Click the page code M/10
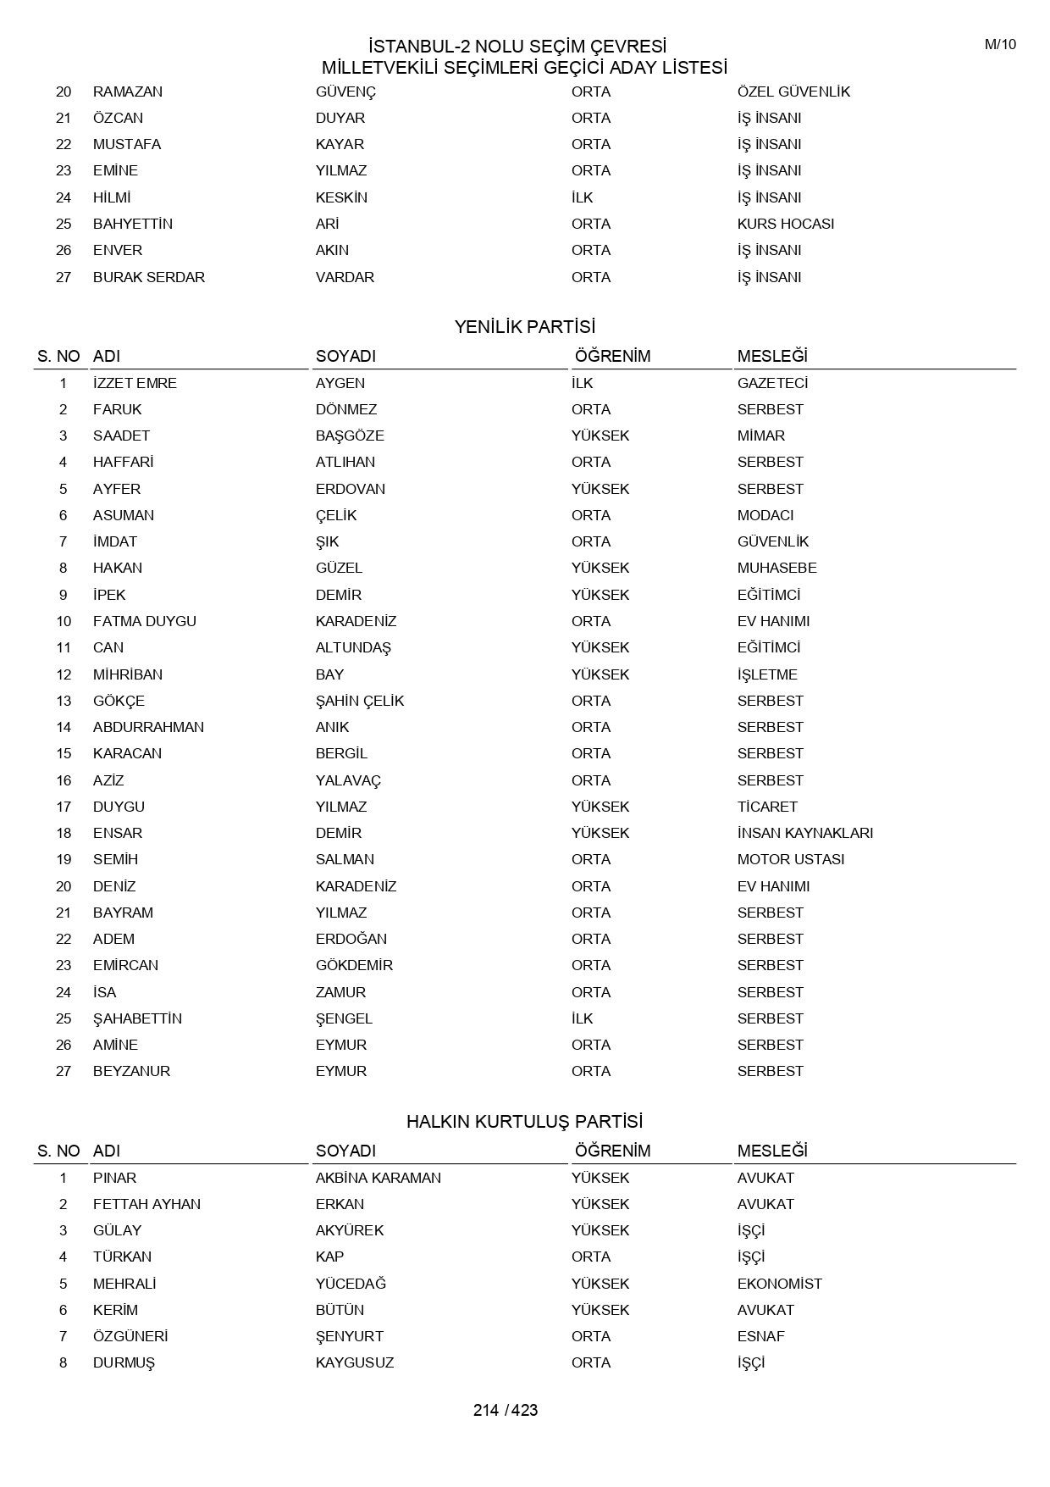(x=1000, y=45)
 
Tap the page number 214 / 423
(x=506, y=1410)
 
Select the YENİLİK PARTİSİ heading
(x=524, y=327)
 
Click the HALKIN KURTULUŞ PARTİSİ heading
(x=524, y=1122)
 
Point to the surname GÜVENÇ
(x=345, y=92)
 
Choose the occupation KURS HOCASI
(x=785, y=224)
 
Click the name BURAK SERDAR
(x=149, y=277)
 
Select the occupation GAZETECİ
(x=772, y=383)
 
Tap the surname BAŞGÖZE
(x=350, y=436)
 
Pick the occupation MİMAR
(x=760, y=436)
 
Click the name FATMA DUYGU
(x=145, y=621)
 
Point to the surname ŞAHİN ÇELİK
(x=360, y=701)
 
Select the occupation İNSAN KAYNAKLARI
(x=804, y=833)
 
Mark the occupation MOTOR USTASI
(x=790, y=859)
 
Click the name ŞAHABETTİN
(x=137, y=1018)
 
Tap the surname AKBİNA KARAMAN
(x=378, y=1178)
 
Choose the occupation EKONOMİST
(x=779, y=1284)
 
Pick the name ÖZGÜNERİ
(x=130, y=1336)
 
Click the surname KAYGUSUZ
(x=354, y=1362)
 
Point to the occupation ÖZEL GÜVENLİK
(x=793, y=92)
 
